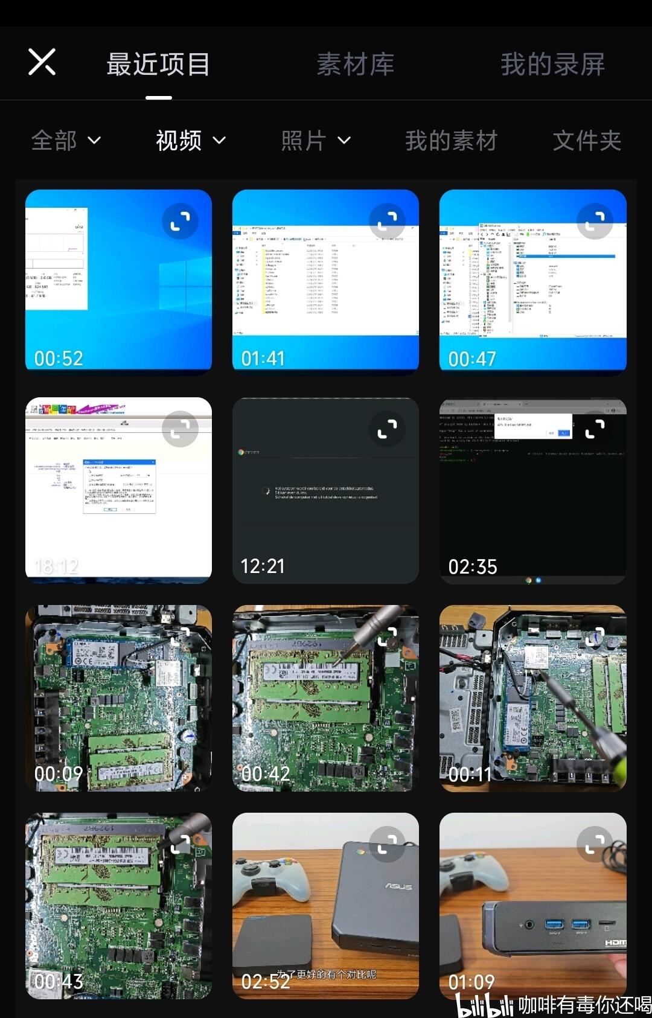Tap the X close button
pos(42,62)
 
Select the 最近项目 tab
pos(158,65)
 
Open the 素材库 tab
pos(356,65)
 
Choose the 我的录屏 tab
pos(552,65)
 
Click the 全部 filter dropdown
pos(66,141)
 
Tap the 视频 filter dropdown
pos(190,141)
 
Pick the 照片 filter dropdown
pos(315,141)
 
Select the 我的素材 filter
pos(451,141)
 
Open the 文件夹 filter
pos(587,141)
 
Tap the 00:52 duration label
pos(59,359)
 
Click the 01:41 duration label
pos(263,359)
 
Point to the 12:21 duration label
pos(263,566)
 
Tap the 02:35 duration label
pos(473,566)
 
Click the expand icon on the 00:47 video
pos(595,221)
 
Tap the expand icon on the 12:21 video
pos(387,429)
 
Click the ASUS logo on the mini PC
pos(398,886)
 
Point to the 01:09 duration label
pos(471,982)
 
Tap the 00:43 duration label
pos(59,982)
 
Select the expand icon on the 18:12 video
pos(180,429)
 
